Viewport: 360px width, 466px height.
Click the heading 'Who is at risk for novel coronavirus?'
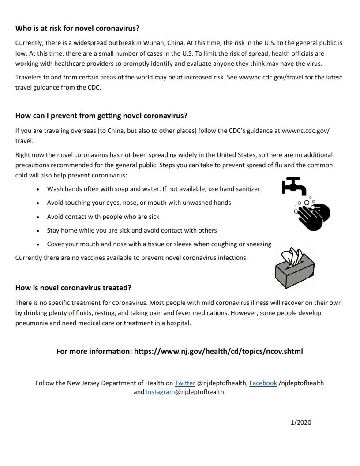pyautogui.click(x=78, y=29)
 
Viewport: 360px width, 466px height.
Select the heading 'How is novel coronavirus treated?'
pyautogui.click(x=73, y=288)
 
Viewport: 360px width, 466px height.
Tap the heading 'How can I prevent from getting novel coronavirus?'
pyautogui.click(x=101, y=116)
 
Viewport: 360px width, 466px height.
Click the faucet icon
pyautogui.click(x=294, y=186)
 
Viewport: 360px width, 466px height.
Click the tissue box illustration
pyautogui.click(x=294, y=268)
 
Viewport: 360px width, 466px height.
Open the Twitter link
pyautogui.click(x=185, y=383)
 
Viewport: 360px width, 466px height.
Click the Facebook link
pyautogui.click(x=263, y=383)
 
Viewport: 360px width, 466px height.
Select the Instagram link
pyautogui.click(x=160, y=392)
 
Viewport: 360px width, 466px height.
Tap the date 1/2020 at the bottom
pyautogui.click(x=301, y=422)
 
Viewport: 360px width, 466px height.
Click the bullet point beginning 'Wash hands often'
pyautogui.click(x=154, y=189)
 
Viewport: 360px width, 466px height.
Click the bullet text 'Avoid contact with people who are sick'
pyautogui.click(x=103, y=217)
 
